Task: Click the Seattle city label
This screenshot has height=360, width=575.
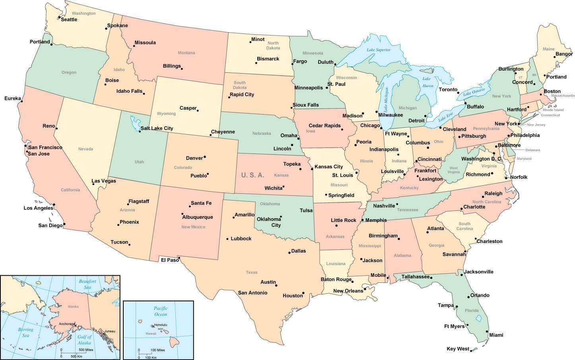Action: (69, 19)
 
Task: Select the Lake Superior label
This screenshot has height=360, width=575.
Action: (379, 50)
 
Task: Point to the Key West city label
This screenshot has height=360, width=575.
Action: (458, 349)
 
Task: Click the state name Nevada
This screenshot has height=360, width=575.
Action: (85, 149)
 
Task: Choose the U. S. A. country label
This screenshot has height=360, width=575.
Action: (253, 175)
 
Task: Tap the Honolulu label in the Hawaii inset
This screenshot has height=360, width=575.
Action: (161, 325)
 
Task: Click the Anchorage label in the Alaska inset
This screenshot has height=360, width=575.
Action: (66, 324)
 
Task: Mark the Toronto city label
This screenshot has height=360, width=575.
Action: (448, 90)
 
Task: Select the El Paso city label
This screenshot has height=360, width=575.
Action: (170, 260)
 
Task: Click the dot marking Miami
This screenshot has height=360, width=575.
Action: (487, 331)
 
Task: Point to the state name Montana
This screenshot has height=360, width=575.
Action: (186, 53)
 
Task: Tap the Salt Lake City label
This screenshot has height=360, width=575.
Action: (157, 128)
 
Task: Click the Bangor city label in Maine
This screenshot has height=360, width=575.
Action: (563, 54)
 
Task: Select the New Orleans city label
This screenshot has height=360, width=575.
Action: (348, 291)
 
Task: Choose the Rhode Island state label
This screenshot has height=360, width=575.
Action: (553, 110)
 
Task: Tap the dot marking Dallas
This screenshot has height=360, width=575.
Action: (289, 253)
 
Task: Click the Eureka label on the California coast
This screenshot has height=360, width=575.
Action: (12, 98)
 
